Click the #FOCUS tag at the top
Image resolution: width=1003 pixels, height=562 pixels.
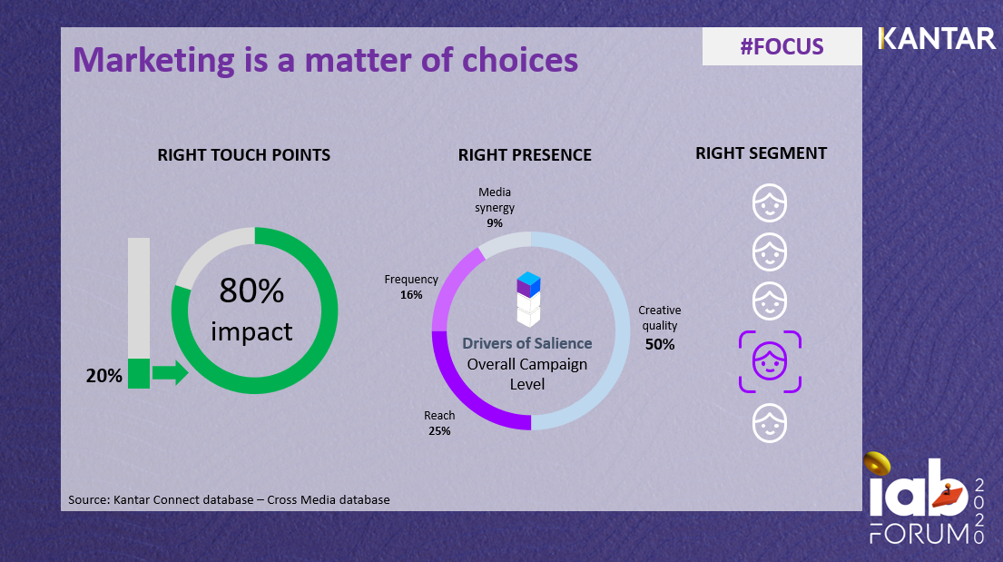tap(782, 46)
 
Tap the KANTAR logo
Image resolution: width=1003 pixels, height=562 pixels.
tap(937, 39)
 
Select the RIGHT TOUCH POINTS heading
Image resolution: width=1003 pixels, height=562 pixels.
tap(244, 154)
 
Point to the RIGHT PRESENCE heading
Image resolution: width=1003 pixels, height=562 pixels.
tap(525, 154)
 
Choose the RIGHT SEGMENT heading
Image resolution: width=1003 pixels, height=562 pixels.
tap(761, 153)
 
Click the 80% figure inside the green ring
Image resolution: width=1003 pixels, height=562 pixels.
tap(251, 291)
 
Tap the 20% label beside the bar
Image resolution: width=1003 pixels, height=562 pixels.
tap(104, 375)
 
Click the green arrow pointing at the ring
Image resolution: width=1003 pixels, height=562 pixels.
tap(170, 372)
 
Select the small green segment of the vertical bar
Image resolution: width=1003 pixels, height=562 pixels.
tap(139, 373)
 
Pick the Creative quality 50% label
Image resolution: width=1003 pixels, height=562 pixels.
tap(660, 327)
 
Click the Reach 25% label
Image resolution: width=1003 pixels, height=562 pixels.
tap(439, 423)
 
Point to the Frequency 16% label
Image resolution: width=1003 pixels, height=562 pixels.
tap(411, 287)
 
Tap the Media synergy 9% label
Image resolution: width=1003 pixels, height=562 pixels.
tap(494, 207)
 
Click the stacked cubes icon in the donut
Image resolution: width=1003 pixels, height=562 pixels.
tap(528, 298)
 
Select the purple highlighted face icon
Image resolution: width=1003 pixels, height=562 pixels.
tap(770, 361)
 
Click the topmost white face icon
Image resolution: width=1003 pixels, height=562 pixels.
tap(770, 203)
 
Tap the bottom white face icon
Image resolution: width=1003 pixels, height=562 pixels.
tap(770, 423)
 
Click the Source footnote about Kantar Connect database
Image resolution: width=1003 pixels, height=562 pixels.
tap(229, 499)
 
